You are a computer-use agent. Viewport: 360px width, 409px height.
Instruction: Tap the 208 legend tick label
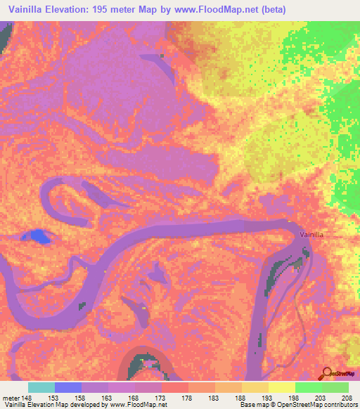coord(349,398)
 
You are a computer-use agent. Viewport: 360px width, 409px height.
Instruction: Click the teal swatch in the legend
coord(41,387)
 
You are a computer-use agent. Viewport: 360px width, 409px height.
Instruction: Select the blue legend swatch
coord(68,387)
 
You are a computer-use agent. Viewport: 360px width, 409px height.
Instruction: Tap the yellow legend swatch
coord(282,387)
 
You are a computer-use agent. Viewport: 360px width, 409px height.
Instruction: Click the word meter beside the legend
coord(11,398)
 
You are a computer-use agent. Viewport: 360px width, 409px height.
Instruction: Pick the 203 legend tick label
coord(323,398)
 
